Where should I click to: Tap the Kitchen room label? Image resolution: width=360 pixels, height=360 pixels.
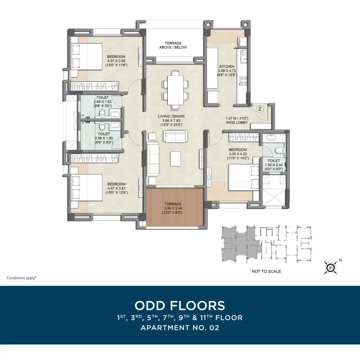[x=227, y=66]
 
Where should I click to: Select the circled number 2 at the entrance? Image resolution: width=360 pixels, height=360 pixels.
[x=260, y=109]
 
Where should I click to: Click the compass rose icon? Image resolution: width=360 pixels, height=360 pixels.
[x=330, y=268]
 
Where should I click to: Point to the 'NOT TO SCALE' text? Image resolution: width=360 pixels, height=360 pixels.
[x=266, y=271]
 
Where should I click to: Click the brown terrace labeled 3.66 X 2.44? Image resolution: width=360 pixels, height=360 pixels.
[x=175, y=207]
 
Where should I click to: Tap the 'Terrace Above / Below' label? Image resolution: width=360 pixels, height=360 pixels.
[x=173, y=45]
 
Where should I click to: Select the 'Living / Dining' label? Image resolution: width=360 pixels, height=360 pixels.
[x=171, y=116]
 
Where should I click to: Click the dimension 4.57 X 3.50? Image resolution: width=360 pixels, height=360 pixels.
[x=116, y=61]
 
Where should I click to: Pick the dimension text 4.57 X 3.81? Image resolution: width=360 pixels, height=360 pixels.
[x=116, y=188]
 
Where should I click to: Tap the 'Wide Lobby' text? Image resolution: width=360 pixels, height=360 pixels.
[x=237, y=123]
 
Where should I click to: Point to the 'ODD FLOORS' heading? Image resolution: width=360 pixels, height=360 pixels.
[x=180, y=306]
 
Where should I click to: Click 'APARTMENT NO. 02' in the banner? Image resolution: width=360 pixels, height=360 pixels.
[x=180, y=328]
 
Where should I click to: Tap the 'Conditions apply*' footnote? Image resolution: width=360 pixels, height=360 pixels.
[x=22, y=278]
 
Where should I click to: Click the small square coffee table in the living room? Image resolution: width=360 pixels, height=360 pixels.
[x=175, y=159]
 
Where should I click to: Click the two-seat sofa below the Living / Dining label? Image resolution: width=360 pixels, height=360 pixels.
[x=175, y=136]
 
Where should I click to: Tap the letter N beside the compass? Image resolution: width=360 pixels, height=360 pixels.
[x=340, y=260]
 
